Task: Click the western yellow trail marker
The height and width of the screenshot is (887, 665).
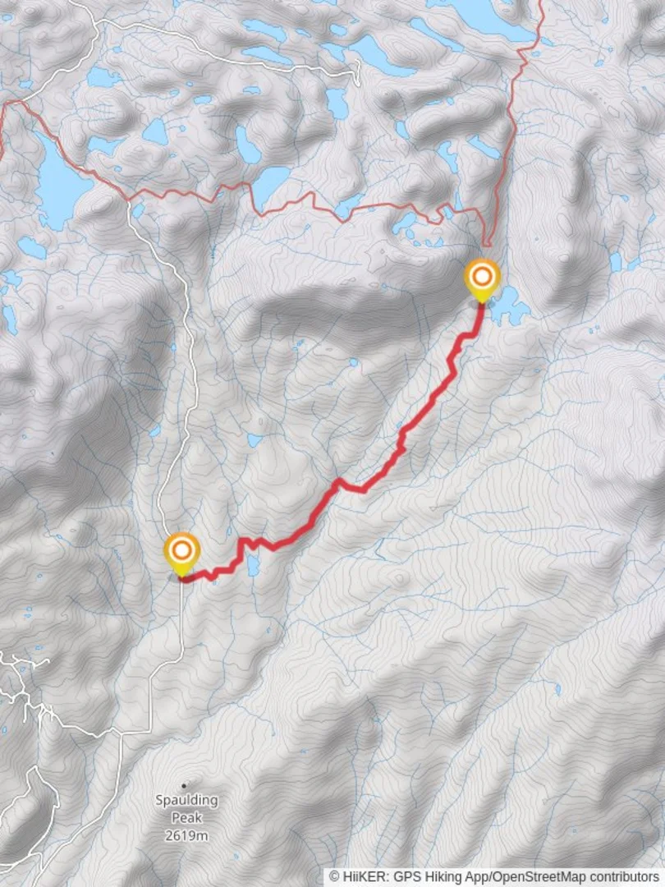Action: point(181,552)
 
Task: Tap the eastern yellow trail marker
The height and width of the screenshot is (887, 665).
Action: point(482,278)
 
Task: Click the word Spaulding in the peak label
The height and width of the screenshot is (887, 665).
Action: point(187,799)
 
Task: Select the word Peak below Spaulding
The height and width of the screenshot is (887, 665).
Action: point(187,817)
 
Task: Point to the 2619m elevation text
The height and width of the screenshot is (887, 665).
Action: point(187,835)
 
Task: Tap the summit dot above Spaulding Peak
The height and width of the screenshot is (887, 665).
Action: point(184,784)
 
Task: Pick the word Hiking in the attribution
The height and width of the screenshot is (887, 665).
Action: point(441,877)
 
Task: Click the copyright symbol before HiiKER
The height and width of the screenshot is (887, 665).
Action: point(335,877)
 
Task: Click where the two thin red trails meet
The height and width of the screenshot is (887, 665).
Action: point(485,244)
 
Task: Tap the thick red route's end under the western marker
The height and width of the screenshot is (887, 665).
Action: point(181,579)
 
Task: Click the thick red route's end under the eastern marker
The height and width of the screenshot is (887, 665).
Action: point(482,305)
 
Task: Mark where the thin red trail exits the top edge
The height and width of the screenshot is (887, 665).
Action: point(542,2)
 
